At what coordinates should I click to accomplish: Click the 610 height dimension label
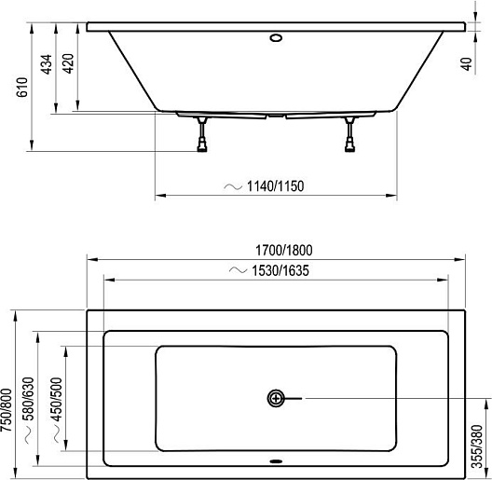click(x=22, y=87)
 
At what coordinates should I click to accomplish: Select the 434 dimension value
click(x=47, y=64)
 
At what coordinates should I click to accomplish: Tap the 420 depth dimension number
click(x=68, y=63)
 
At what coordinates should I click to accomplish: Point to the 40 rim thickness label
click(x=467, y=64)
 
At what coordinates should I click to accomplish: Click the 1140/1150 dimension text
click(x=276, y=186)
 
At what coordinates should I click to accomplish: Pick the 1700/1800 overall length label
click(x=284, y=251)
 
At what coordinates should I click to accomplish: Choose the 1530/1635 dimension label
click(x=280, y=270)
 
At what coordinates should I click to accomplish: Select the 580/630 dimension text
click(x=29, y=399)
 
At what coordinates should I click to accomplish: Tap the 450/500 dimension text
click(x=57, y=399)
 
